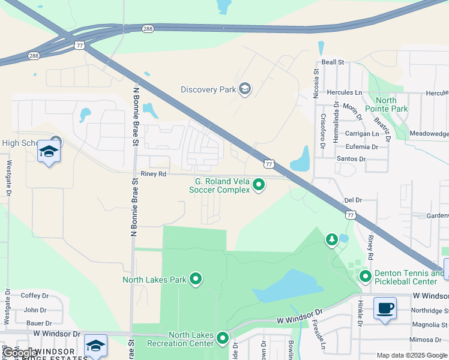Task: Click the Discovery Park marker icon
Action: [x=244, y=89]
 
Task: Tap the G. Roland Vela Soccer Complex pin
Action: [x=259, y=185]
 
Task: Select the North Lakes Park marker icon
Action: [x=196, y=279]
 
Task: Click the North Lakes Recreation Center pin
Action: [x=223, y=338]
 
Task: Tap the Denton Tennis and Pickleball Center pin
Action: [x=366, y=277]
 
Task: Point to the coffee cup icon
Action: [x=384, y=308]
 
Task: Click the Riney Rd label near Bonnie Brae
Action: [x=153, y=174]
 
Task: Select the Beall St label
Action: [x=333, y=62]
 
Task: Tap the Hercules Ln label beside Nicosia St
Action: [x=345, y=93]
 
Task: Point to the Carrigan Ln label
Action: [x=363, y=134]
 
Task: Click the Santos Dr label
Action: [x=351, y=159]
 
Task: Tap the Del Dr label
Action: [x=354, y=200]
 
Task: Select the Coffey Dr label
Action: [x=34, y=295]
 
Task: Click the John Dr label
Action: [x=35, y=310]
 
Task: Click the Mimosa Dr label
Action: [x=428, y=339]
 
